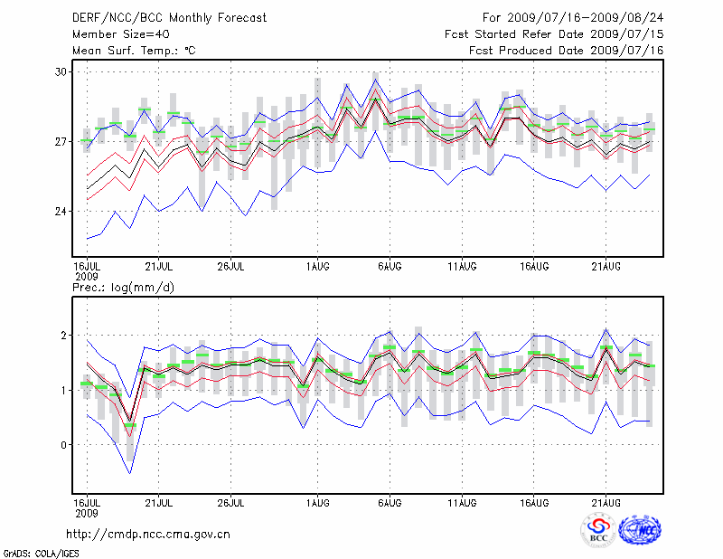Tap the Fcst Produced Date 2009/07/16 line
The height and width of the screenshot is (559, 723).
coord(567,50)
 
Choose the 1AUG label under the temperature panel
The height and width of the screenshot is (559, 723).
coord(317,266)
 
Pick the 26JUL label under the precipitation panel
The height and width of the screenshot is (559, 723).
coord(231,501)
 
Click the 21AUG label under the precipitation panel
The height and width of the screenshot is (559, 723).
coord(606,501)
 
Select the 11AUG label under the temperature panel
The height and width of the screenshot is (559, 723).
coord(463,266)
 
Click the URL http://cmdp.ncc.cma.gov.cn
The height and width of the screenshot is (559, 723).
coord(148,534)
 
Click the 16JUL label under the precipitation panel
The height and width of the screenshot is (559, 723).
coord(87,501)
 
